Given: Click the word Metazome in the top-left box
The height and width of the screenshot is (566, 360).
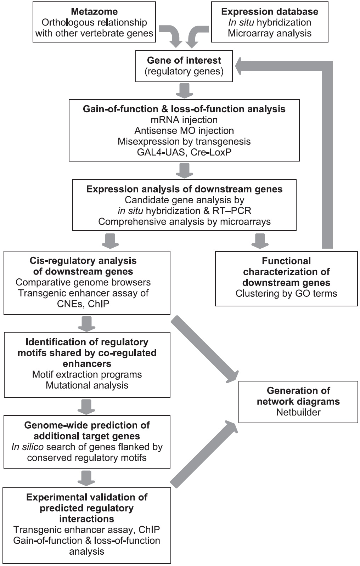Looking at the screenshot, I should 94,11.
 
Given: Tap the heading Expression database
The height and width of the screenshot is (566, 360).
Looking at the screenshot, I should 270,11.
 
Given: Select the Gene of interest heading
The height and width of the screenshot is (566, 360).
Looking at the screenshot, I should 184,60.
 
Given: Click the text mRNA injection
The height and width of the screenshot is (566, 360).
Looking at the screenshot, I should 184,120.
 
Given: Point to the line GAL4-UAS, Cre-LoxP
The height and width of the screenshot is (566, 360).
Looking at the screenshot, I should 184,152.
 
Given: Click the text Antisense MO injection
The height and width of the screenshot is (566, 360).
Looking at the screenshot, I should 184,130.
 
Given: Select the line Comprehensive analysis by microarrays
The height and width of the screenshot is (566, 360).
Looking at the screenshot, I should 184,222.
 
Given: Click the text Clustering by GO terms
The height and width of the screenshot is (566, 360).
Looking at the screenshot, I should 286,293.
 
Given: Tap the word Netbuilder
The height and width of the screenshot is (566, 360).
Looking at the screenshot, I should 298,412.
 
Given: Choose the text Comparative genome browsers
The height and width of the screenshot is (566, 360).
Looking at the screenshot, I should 83,282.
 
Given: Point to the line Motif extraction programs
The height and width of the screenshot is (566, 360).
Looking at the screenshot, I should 87,374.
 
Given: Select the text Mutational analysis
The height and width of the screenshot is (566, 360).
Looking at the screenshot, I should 87,385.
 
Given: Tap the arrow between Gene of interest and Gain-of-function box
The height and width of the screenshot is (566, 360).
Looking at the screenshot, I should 184,91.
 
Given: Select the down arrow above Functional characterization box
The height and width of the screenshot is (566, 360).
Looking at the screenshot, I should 260,241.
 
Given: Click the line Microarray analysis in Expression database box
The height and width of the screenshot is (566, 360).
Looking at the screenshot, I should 270,33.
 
